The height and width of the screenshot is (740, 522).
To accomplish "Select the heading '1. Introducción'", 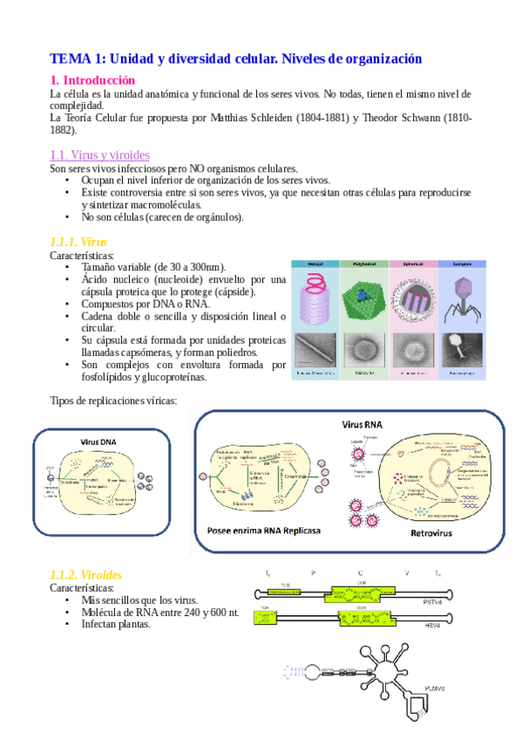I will pos(92,79).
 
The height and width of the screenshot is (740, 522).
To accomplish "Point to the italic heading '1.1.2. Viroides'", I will pos(86,575).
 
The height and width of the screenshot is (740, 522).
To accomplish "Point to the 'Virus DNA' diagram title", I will pos(98,442).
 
